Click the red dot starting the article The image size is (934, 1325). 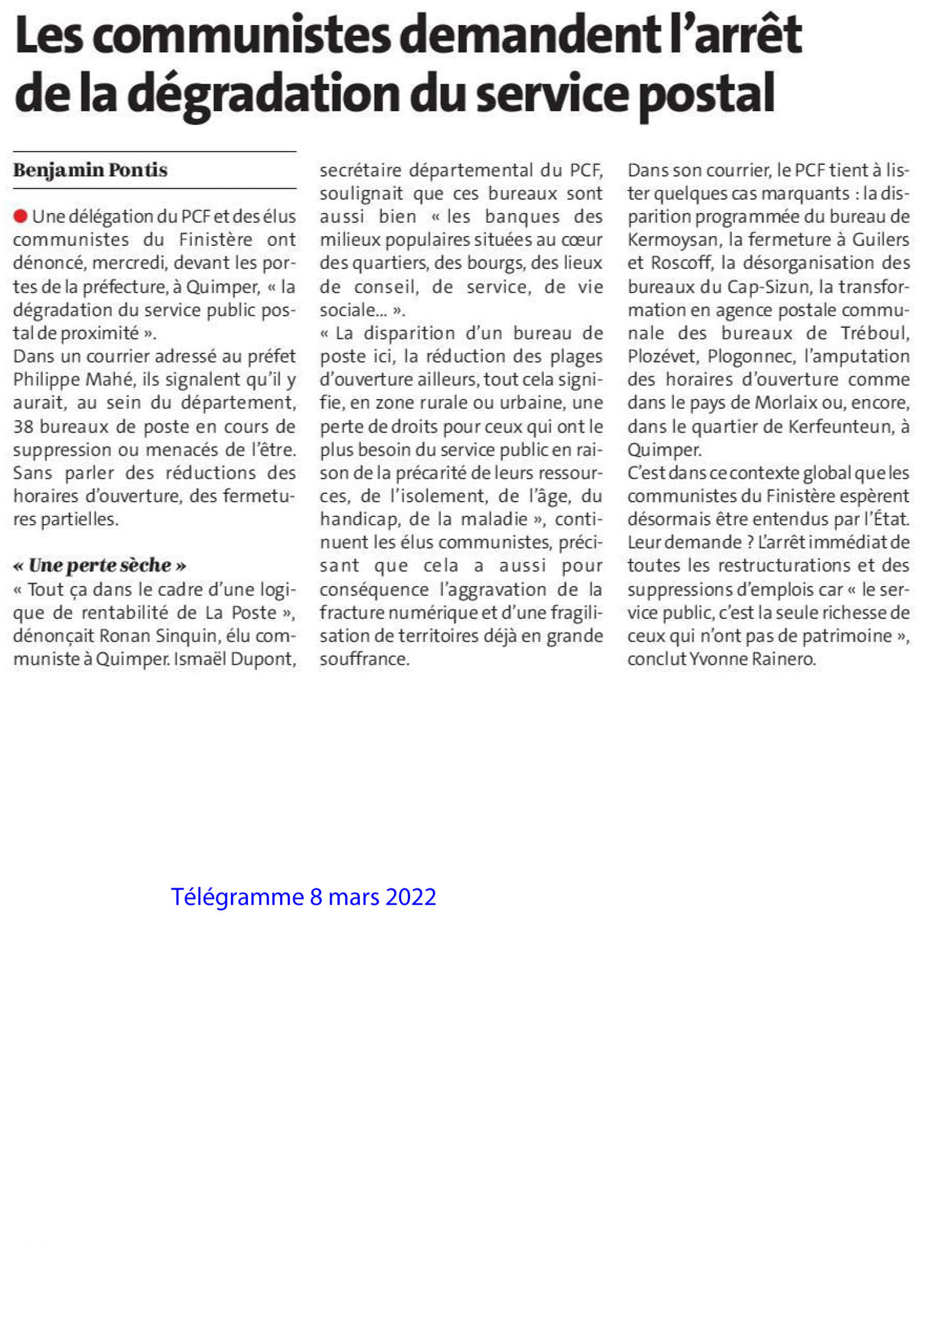[20, 216]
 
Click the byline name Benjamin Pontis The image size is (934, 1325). [90, 170]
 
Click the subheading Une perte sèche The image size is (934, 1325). [100, 566]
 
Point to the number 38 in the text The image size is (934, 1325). [23, 427]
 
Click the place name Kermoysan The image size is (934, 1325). [672, 240]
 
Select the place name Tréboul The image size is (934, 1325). [874, 333]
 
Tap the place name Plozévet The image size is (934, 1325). [661, 356]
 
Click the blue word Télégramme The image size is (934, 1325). [237, 897]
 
